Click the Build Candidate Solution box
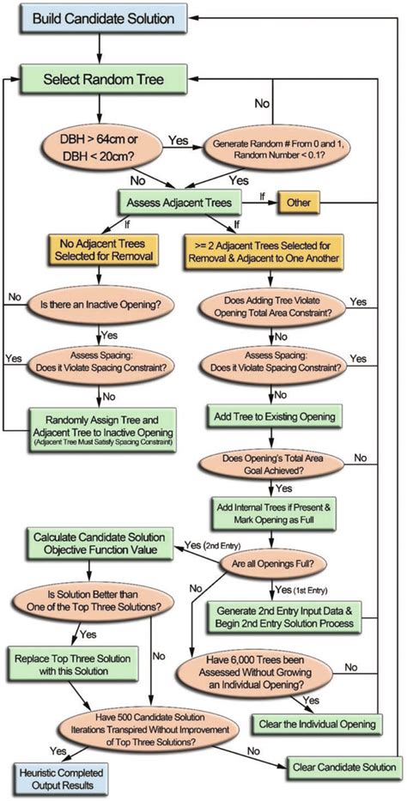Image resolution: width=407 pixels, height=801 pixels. click(100, 18)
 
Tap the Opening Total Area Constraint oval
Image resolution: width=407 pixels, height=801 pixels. click(272, 309)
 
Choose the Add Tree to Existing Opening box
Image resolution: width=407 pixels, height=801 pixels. click(273, 417)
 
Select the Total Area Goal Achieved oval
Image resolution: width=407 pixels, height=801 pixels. click(272, 469)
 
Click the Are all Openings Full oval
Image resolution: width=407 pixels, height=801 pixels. click(272, 565)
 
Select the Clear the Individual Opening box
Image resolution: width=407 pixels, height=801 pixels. click(316, 723)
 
